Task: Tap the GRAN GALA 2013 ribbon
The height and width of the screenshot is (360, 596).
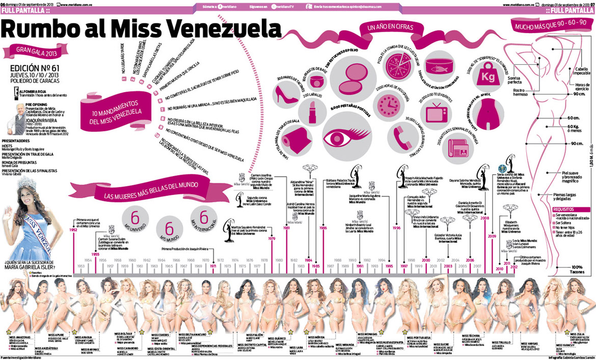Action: (x=35, y=51)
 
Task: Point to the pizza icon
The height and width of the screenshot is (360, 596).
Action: (x=395, y=66)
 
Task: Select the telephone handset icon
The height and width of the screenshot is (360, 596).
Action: (x=401, y=136)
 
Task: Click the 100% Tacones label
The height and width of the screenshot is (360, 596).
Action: (x=577, y=270)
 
